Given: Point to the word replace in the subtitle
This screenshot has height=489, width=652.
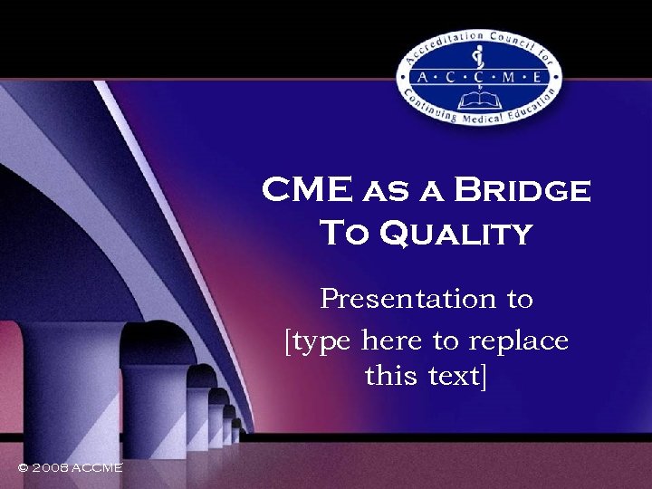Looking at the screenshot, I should pyautogui.click(x=519, y=341).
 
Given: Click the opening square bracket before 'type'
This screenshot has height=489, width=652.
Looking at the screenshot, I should pyautogui.click(x=289, y=342).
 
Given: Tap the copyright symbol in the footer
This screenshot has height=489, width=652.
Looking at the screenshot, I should pyautogui.click(x=24, y=467).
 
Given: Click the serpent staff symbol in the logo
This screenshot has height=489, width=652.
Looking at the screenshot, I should pyautogui.click(x=480, y=62).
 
